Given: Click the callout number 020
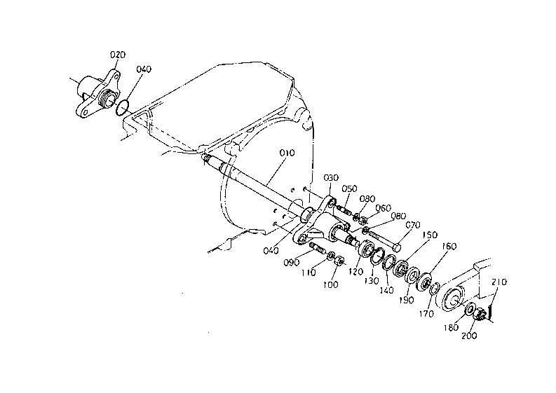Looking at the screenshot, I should [x=118, y=54].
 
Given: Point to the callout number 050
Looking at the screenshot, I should [x=350, y=188].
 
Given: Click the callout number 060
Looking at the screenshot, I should [x=384, y=208].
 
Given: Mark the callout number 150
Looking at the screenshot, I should [x=429, y=235].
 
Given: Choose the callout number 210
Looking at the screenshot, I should [x=499, y=283].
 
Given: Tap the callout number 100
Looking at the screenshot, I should [x=330, y=285].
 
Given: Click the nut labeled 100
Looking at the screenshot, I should [x=337, y=263].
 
